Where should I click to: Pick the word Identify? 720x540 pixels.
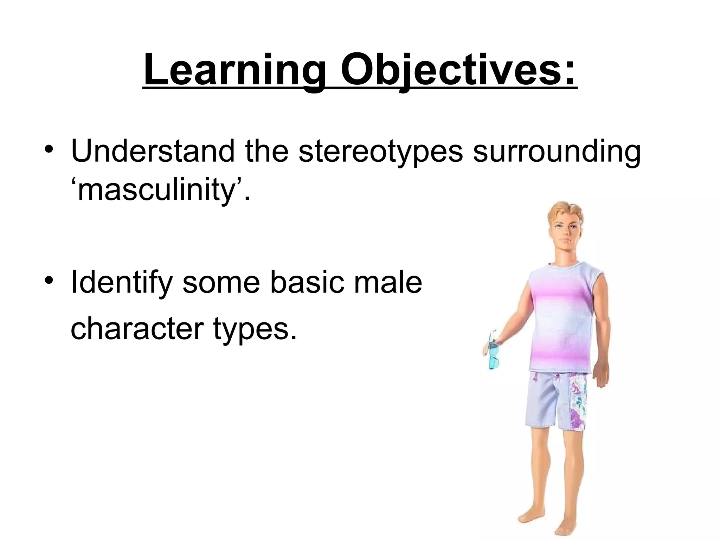(122, 283)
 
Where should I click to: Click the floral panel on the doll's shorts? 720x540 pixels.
(577, 401)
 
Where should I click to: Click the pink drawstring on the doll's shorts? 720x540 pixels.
(536, 378)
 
